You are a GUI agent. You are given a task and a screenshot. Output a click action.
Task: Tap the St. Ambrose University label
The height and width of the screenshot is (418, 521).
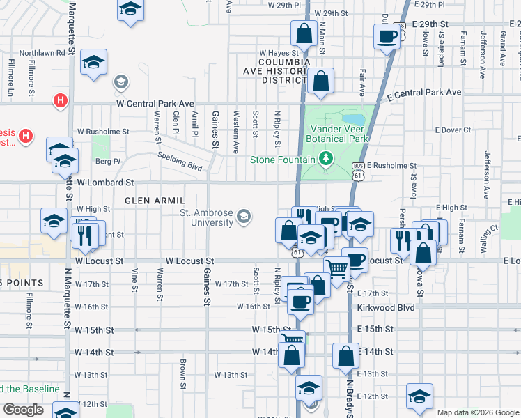click(x=206, y=217)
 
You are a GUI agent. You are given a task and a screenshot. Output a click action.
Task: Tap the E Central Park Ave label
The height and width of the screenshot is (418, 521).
click(x=426, y=93)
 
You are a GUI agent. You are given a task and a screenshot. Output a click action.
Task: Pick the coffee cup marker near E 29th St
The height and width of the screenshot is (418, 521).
click(x=386, y=36)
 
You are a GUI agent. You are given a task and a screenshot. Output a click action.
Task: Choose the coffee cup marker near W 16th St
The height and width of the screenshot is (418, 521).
click(x=301, y=301)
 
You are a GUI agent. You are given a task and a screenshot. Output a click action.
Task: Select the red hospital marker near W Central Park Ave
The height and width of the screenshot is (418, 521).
click(x=61, y=101)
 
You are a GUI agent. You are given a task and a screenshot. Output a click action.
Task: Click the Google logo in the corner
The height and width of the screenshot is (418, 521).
click(x=23, y=410)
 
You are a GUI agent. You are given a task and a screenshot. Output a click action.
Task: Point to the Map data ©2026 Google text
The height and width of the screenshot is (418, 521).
click(x=478, y=412)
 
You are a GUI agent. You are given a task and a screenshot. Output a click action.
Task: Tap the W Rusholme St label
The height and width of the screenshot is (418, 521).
click(x=103, y=131)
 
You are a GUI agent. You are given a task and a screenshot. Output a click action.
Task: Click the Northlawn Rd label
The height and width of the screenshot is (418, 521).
click(x=42, y=52)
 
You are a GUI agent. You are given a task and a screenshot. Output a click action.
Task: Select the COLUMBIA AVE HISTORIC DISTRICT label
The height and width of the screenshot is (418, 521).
click(x=274, y=71)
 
